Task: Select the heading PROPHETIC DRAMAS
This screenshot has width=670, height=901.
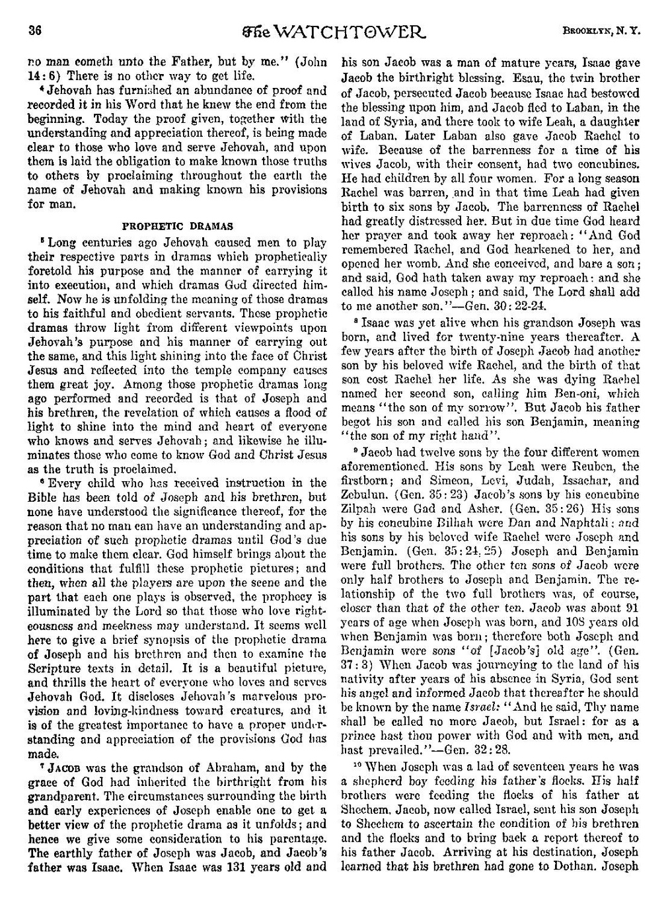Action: [x=178, y=226]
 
